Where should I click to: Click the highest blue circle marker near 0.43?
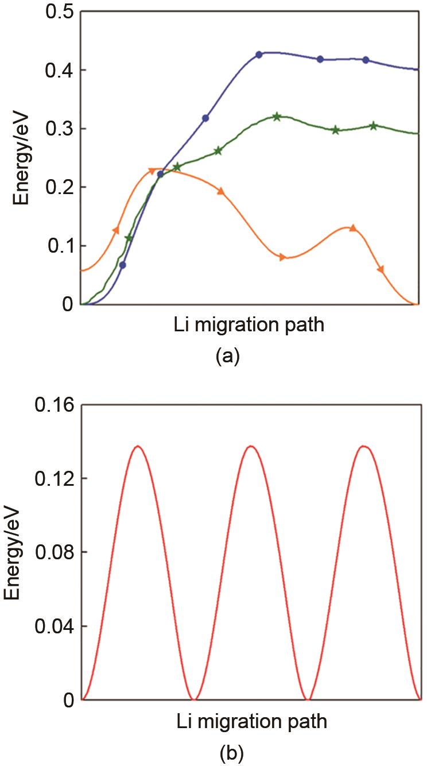tap(259, 55)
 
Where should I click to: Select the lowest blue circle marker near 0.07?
tap(122, 265)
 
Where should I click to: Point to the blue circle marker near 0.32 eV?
tap(205, 118)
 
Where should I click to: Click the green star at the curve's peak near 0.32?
tap(277, 117)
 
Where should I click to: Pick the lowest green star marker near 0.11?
tap(129, 238)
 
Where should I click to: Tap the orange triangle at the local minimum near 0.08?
tap(282, 257)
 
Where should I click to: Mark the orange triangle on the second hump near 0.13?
tap(352, 228)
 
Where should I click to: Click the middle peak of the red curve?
tap(251, 446)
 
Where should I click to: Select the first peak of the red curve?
tap(138, 446)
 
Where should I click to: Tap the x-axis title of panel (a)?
tap(249, 326)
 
